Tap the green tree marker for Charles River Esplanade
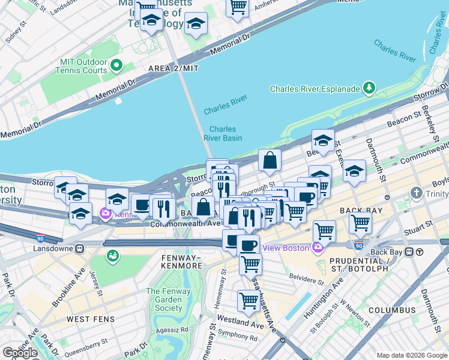pyautogui.click(x=369, y=89)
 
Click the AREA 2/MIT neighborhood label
pyautogui.click(x=173, y=69)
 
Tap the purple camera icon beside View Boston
pyautogui.click(x=317, y=247)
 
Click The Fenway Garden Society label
pyautogui.click(x=164, y=299)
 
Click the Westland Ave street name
pyautogui.click(x=244, y=322)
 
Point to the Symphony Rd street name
pyautogui.click(x=238, y=337)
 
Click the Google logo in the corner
pyautogui.click(x=20, y=352)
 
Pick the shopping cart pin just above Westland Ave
pyautogui.click(x=249, y=301)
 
